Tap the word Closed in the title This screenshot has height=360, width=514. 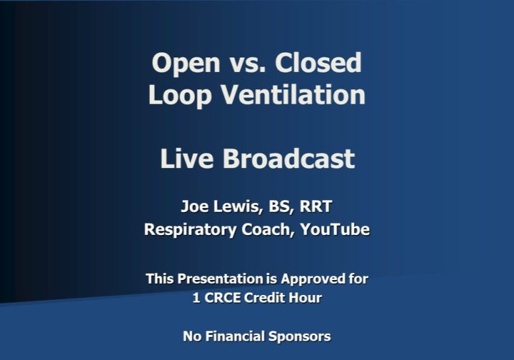(319, 63)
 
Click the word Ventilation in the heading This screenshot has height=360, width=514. (294, 95)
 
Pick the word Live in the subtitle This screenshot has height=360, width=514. (185, 159)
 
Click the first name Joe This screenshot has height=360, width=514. (193, 206)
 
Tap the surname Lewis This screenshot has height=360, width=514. (235, 206)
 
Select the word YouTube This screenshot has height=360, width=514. (335, 229)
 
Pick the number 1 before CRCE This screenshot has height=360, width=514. (195, 298)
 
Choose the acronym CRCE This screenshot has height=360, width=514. (221, 298)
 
